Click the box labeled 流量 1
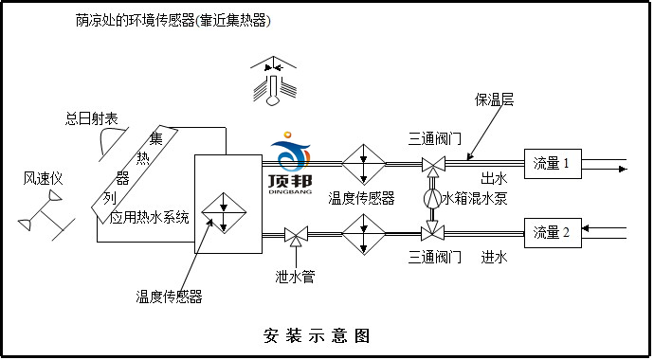[x=551, y=164]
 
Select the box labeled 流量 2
[x=551, y=232]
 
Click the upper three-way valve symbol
[x=432, y=167]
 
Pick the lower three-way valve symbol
[x=432, y=231]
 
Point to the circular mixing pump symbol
[x=432, y=199]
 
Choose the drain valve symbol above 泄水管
[x=295, y=233]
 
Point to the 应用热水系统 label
[x=149, y=217]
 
